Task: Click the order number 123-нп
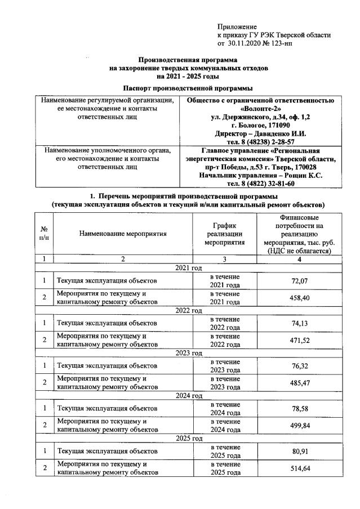tap(278, 43)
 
